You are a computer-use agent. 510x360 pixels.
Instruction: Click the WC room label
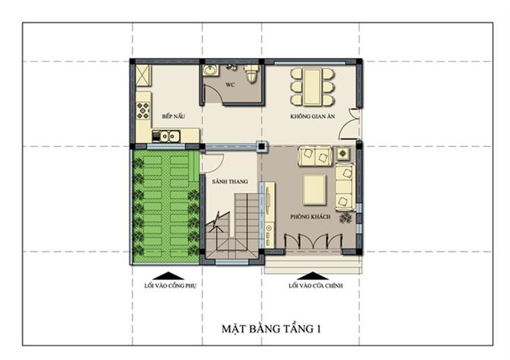[230, 85]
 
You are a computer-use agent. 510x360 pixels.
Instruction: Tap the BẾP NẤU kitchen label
[174, 116]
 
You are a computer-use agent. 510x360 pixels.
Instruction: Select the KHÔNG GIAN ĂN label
[313, 116]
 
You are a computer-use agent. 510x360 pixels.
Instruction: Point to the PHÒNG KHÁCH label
[311, 217]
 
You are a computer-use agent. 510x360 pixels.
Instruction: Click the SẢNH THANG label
[230, 181]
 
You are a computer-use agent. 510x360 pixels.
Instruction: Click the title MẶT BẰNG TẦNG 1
[271, 329]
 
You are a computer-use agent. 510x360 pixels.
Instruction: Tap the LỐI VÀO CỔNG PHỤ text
[170, 285]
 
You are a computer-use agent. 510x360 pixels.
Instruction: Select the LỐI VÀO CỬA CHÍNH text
[315, 285]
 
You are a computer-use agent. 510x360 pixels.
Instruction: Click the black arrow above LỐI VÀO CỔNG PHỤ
[168, 276]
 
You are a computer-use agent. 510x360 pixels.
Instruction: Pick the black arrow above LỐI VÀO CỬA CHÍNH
[313, 276]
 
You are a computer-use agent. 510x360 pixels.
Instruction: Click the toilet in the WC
[251, 74]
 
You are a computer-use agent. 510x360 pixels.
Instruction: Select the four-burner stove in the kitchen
[143, 111]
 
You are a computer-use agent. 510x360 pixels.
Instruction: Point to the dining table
[312, 87]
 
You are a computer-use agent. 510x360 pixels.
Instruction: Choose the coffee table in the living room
[314, 190]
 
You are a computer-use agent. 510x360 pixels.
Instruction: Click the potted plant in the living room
[346, 218]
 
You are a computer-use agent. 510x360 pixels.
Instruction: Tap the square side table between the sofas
[343, 154]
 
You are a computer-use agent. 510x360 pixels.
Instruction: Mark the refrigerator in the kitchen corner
[143, 75]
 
